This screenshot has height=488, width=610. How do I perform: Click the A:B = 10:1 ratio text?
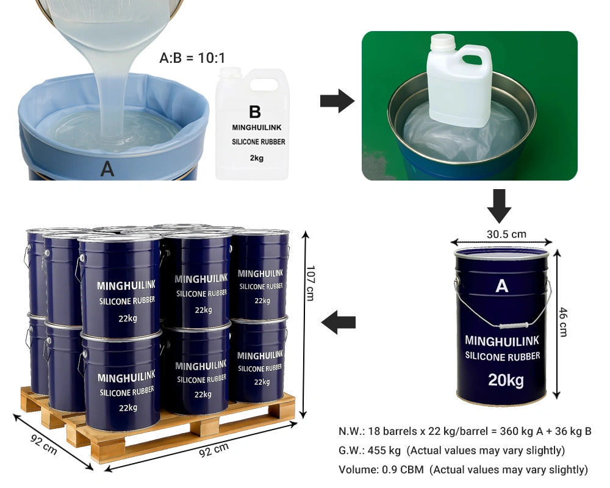click(x=192, y=58)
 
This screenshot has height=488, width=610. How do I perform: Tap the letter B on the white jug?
click(x=255, y=112)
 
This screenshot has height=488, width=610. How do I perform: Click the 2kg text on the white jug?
click(x=257, y=158)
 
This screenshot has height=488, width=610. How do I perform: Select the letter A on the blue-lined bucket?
click(x=107, y=169)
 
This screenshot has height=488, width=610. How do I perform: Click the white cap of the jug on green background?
click(x=443, y=42)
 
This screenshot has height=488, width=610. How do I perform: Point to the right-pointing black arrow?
click(x=337, y=101)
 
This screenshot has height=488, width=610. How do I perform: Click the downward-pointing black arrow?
click(x=499, y=206)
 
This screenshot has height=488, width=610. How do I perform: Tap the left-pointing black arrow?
click(x=339, y=322)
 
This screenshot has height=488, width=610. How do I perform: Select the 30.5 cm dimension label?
click(x=506, y=234)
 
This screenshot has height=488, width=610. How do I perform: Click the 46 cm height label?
click(x=563, y=322)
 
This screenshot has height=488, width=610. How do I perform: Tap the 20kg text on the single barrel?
click(x=506, y=380)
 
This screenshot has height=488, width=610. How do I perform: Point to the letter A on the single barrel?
click(x=502, y=286)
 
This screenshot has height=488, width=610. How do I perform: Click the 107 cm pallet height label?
click(x=310, y=283)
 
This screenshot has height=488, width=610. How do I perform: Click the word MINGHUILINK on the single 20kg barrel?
click(x=502, y=341)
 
